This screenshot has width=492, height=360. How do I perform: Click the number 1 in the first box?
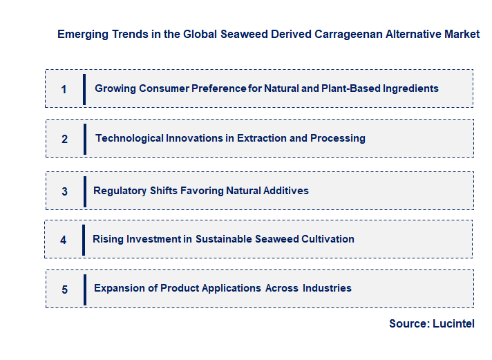tap(64, 89)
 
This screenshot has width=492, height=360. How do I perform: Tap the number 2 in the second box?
tap(64, 139)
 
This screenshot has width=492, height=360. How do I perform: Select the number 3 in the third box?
tap(64, 191)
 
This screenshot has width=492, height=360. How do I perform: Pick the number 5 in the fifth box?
tap(64, 290)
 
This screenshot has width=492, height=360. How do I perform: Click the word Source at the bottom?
tap(408, 323)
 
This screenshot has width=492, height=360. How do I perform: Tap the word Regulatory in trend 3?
tap(120, 191)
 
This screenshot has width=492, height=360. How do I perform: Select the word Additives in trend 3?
tap(285, 191)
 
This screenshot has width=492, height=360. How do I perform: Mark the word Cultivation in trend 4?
tap(328, 239)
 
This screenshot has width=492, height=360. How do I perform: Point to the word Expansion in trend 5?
tap(120, 288)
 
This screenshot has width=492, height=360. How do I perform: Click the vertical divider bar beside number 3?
tap(84, 191)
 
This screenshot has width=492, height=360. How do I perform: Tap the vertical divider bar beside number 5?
tap(84, 290)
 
